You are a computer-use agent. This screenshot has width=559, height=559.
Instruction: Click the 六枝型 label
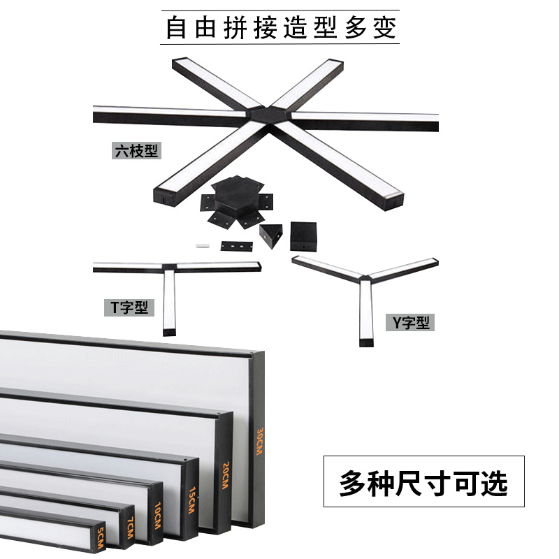click(x=136, y=150)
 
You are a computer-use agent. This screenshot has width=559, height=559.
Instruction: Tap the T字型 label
click(x=130, y=307)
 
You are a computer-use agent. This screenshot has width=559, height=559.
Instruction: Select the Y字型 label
click(x=410, y=322)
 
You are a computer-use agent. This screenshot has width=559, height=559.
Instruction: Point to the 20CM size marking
click(x=225, y=476)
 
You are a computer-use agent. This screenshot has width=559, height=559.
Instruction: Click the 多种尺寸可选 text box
click(x=423, y=481)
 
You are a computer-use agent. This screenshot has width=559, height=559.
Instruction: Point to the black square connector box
click(x=303, y=236)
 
